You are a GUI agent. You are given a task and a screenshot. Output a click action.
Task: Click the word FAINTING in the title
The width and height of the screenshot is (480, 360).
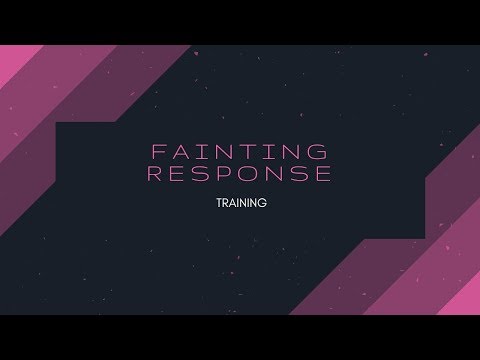(240, 153)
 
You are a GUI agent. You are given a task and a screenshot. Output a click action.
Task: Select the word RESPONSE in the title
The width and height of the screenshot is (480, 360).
(240, 175)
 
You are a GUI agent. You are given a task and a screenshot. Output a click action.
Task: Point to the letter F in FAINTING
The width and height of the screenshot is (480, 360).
(154, 153)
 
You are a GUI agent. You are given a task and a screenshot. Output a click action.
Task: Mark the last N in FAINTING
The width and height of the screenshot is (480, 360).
(297, 153)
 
